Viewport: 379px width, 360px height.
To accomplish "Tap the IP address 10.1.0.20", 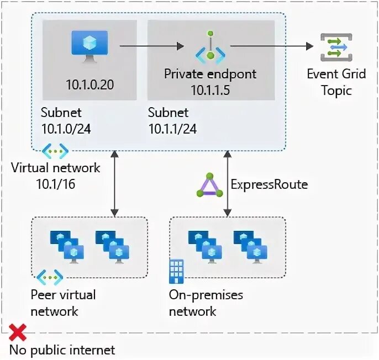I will coord(89,85).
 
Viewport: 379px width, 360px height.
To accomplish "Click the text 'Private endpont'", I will coord(210,74).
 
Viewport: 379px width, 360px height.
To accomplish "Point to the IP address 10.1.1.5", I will coord(210,89).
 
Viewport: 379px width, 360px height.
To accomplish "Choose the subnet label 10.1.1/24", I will coord(172,121).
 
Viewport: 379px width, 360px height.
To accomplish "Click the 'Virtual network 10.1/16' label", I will coord(56,175).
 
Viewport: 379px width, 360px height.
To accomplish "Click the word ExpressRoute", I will coord(269,184).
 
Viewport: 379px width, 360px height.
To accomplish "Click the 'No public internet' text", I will coord(62,350).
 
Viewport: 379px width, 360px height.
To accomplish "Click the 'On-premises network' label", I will coord(206,303).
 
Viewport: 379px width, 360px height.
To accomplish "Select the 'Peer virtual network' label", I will coord(63,303).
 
